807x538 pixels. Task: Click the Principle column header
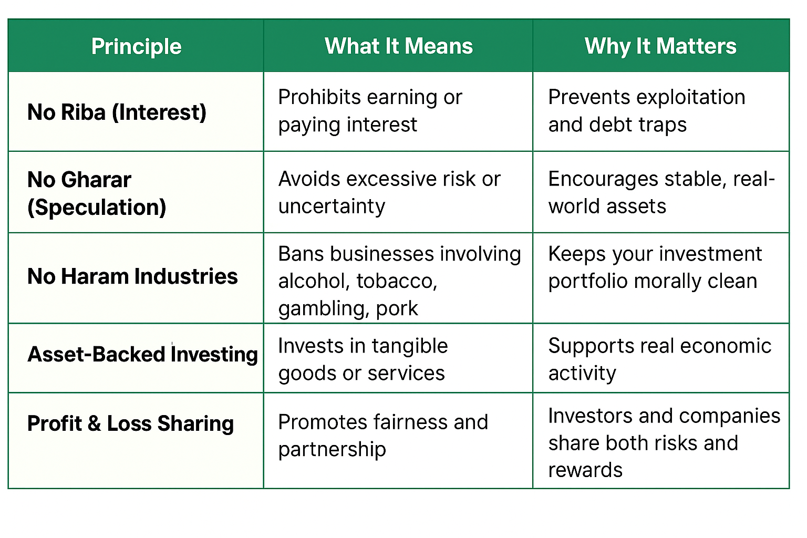click(136, 47)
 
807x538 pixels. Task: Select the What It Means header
click(398, 46)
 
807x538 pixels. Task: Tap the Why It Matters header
click(660, 47)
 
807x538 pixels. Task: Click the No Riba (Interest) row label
click(117, 112)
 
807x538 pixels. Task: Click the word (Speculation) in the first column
click(97, 208)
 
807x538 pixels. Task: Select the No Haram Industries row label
click(132, 276)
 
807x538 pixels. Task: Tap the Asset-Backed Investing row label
click(143, 354)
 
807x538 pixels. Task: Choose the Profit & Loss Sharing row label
click(130, 423)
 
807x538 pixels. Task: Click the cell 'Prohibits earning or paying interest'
click(370, 111)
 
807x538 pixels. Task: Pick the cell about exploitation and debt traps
click(647, 111)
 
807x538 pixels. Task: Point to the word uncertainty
click(332, 206)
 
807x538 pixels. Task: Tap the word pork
click(397, 309)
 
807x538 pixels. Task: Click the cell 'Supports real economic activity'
click(660, 359)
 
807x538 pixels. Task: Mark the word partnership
click(332, 450)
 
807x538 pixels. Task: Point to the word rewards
click(585, 470)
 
